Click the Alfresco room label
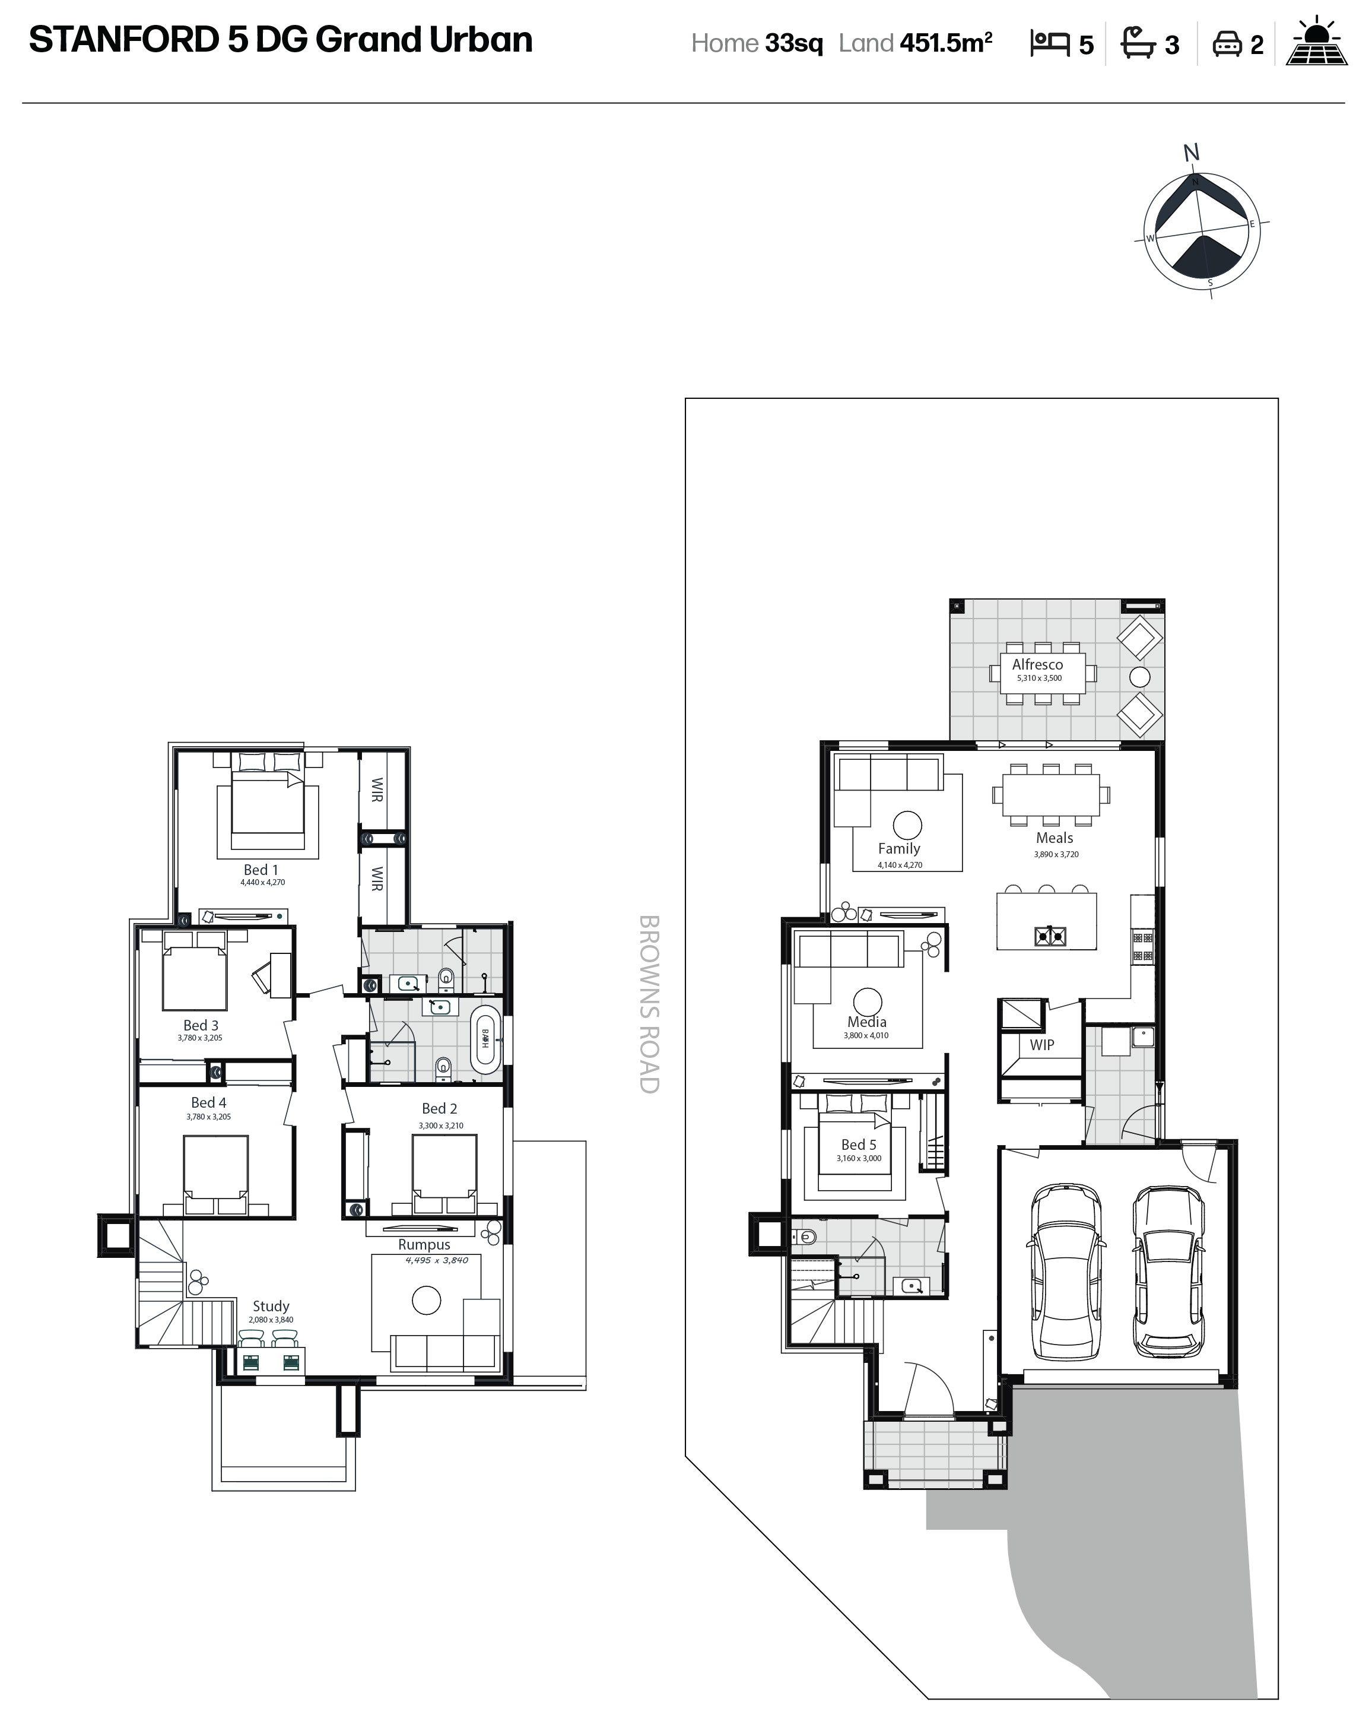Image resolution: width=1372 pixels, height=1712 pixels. [x=1037, y=665]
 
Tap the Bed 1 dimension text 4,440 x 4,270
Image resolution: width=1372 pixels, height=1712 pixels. [x=263, y=882]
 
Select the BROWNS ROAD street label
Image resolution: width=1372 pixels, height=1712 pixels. [x=649, y=1004]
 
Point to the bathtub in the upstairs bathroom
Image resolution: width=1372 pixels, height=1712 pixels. [x=485, y=1039]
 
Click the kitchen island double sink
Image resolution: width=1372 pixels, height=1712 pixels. [x=1050, y=937]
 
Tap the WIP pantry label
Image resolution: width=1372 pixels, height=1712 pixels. [x=1041, y=1045]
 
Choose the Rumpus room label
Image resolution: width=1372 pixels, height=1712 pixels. [x=424, y=1245]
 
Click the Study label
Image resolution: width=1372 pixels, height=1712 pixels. [x=271, y=1306]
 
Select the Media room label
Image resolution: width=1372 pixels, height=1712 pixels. [x=866, y=1022]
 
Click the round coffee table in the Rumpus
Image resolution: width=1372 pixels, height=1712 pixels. [x=426, y=1300]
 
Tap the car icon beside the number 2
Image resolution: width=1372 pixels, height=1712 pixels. [x=1227, y=44]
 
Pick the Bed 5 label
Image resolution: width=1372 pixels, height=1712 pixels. [x=858, y=1144]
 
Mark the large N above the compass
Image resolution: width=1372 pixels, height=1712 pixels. [x=1191, y=153]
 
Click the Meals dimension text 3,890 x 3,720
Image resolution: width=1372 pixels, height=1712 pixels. [x=1056, y=854]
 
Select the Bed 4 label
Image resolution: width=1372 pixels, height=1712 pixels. [x=208, y=1102]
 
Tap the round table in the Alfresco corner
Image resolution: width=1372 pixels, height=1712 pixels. [x=1139, y=677]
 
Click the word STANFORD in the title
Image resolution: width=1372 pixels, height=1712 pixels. [x=124, y=40]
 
